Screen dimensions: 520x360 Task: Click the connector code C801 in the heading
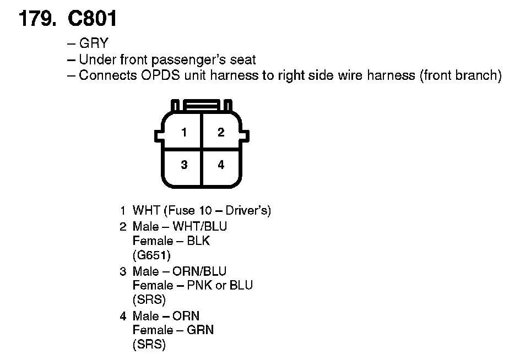(93, 19)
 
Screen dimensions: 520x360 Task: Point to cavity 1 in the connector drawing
(184, 132)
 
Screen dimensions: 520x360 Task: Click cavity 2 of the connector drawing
(221, 132)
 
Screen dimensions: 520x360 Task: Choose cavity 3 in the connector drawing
(184, 165)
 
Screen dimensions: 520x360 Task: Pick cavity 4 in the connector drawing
(221, 165)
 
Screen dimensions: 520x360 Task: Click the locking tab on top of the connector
(202, 104)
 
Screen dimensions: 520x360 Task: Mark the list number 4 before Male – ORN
(123, 317)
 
